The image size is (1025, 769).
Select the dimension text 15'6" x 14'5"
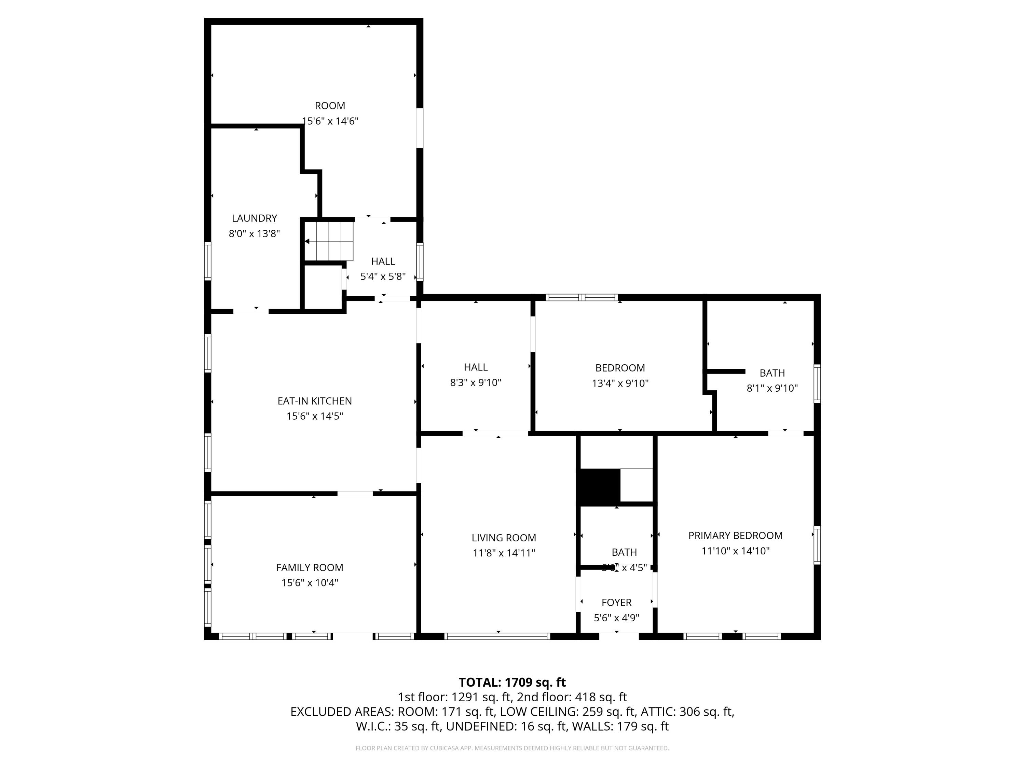tap(315, 416)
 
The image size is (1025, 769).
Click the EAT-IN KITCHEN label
tap(315, 401)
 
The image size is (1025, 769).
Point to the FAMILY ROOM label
tap(310, 567)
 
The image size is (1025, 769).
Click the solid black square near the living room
tap(600, 487)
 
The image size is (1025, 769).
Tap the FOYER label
tap(616, 602)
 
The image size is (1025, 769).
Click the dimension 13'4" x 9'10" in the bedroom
tap(620, 383)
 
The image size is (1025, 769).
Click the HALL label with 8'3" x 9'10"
tap(476, 367)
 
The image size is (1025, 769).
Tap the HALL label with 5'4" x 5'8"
tap(383, 261)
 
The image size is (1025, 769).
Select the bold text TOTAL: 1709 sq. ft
tap(512, 682)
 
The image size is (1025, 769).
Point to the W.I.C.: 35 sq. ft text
tap(398, 726)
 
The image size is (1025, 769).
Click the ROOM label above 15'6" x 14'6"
tap(330, 106)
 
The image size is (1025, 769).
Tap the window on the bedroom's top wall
tap(582, 298)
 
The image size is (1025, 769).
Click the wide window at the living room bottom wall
tap(497, 636)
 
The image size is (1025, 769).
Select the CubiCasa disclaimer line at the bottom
tap(512, 748)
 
